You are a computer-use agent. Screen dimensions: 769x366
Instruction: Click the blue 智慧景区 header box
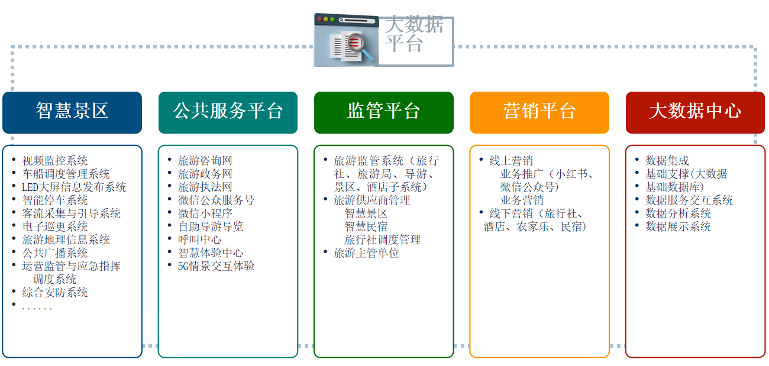coord(72,112)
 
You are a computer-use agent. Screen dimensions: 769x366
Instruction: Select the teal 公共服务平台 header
coord(228,112)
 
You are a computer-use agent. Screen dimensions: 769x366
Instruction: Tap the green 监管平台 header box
coord(384,112)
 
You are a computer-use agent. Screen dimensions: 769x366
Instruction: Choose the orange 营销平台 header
coord(539,112)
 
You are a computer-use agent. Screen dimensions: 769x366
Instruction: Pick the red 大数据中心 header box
coord(695,112)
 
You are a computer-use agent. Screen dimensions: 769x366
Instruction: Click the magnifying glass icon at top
coord(360,46)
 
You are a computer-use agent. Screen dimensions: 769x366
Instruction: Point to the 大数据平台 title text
coord(414,34)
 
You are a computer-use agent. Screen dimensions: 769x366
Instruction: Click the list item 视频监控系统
coord(55,161)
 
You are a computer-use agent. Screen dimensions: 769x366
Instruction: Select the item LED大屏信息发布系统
coord(74,187)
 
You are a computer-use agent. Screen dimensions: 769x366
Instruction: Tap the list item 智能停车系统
coord(55,200)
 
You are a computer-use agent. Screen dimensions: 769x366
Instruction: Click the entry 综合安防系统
coord(55,292)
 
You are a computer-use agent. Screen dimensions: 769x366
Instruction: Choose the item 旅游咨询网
coord(205,161)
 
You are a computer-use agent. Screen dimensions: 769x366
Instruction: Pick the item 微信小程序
coord(205,213)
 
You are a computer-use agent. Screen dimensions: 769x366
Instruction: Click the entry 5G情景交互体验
coord(216,266)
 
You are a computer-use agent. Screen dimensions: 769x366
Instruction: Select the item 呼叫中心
coord(199,239)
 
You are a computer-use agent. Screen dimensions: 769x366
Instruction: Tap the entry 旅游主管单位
coord(366,253)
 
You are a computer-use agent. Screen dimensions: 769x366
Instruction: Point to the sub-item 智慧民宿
coord(366,226)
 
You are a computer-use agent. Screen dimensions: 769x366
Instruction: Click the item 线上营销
coord(511,161)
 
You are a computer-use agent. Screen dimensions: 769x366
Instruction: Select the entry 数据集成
coord(667,161)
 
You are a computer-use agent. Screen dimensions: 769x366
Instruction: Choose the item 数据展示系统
coord(678,226)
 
